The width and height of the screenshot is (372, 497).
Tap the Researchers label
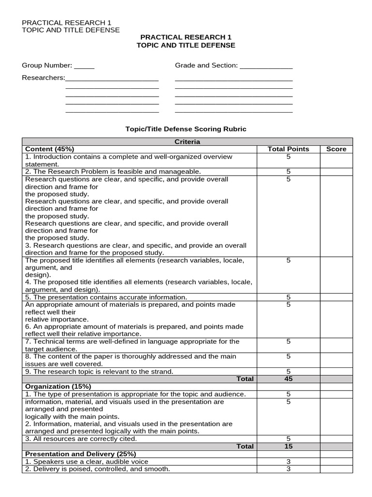click(x=43, y=78)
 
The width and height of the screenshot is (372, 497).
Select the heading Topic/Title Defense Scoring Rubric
click(x=186, y=129)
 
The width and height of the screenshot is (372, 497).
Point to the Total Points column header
click(x=288, y=149)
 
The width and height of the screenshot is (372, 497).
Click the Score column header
click(x=336, y=149)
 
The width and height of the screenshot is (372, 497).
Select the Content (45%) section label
click(x=49, y=149)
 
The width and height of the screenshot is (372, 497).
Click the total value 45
click(x=288, y=379)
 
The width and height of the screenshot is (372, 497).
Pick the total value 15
click(x=288, y=446)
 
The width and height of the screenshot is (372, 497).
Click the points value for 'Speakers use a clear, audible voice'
click(x=288, y=462)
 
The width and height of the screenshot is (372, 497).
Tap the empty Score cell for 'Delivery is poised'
click(x=336, y=469)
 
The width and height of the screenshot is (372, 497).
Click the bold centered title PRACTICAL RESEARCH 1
click(x=186, y=37)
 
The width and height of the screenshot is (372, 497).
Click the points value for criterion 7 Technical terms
click(x=288, y=342)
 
